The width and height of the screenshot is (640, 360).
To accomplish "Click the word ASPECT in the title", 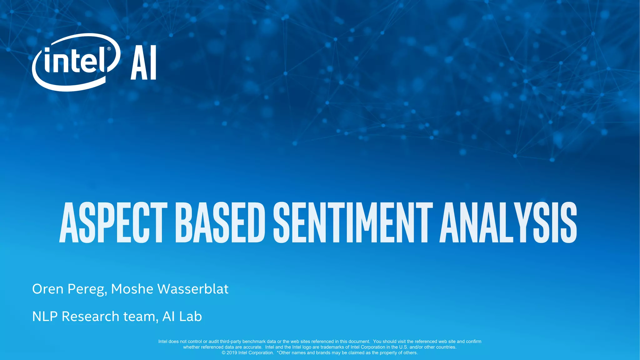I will (x=113, y=222).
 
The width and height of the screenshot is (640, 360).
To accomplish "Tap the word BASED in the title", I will (x=220, y=222).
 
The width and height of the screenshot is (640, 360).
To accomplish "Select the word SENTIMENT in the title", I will (x=353, y=222).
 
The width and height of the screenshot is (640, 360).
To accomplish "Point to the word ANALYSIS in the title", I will (x=508, y=222).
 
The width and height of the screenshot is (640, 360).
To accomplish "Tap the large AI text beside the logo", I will (x=143, y=62).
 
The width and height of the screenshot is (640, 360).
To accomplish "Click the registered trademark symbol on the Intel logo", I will (x=109, y=49).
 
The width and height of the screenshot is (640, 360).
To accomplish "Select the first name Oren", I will (x=48, y=289).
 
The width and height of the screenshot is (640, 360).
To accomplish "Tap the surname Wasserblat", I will (x=193, y=289).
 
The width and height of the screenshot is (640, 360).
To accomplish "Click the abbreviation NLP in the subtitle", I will (x=45, y=317).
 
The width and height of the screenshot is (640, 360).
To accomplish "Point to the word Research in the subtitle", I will (x=91, y=317).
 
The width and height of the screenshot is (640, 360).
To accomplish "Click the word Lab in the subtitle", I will (x=191, y=317).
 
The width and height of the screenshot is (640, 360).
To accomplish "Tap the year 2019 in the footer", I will (x=232, y=353).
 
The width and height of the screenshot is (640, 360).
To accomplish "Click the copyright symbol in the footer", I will (x=224, y=353).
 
